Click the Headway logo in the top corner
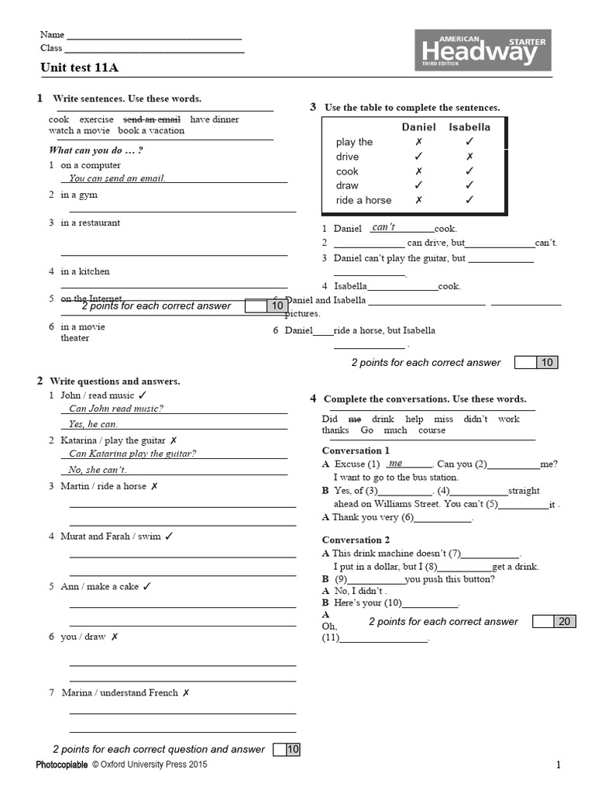point(483,50)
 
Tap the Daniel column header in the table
point(418,127)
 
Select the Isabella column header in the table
point(469,127)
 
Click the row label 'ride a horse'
point(363,200)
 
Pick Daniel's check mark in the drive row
point(418,157)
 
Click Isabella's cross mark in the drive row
point(469,157)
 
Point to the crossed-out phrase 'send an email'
point(152,119)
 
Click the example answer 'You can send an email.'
point(117,178)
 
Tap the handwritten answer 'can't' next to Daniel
point(383,227)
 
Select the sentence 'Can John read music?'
point(116,409)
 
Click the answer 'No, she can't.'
point(97,470)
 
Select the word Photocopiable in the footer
point(62,765)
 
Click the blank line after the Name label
point(154,36)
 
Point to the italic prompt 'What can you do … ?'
point(96,150)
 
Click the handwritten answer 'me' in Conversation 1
point(395,463)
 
